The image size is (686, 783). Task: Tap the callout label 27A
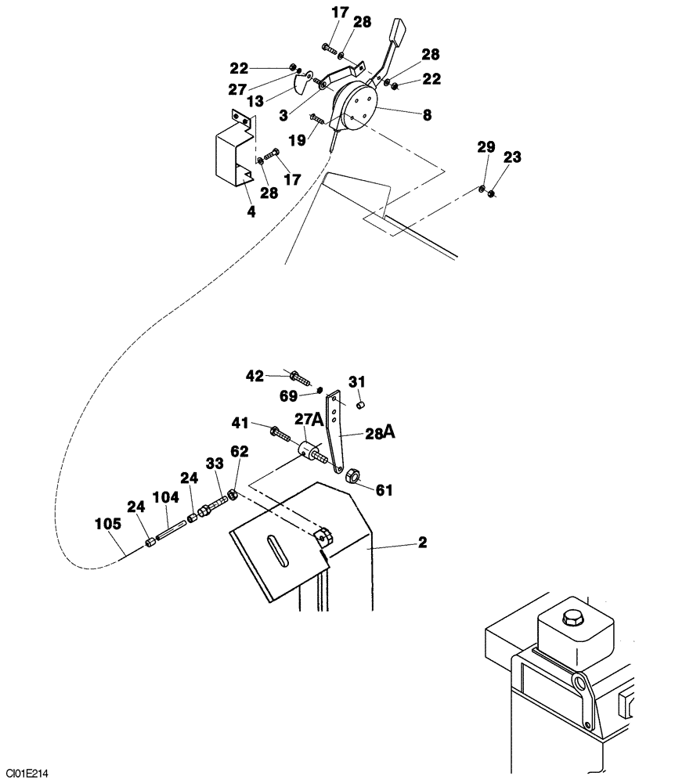point(309,420)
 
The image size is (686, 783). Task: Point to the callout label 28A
point(378,433)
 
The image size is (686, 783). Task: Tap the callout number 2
point(422,543)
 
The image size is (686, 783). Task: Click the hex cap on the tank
point(572,618)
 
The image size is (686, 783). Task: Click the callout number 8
point(427,114)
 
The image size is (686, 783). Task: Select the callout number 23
point(512,157)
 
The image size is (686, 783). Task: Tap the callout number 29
point(486,146)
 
